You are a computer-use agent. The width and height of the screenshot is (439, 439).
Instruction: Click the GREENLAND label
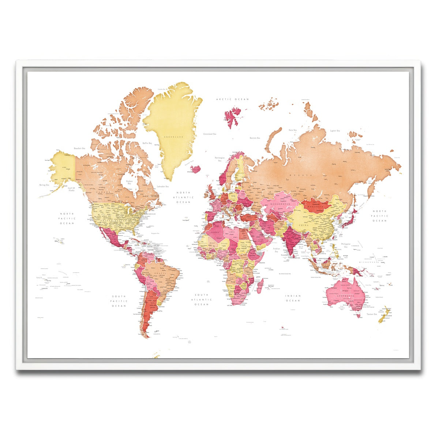click(x=173, y=136)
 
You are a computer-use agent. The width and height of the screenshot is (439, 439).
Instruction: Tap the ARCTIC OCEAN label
click(x=232, y=99)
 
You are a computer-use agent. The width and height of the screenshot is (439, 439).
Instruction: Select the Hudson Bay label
click(x=129, y=182)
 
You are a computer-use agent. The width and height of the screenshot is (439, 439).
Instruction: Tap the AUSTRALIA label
click(x=345, y=295)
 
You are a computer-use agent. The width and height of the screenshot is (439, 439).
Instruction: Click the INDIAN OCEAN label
click(x=293, y=298)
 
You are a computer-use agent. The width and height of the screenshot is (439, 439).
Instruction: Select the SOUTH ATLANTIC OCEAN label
click(x=201, y=300)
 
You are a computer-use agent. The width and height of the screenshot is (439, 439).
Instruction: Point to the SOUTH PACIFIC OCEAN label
click(x=119, y=301)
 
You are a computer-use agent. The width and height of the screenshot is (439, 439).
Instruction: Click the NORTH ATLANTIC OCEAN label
click(x=183, y=197)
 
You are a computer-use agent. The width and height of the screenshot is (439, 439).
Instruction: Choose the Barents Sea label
click(x=255, y=138)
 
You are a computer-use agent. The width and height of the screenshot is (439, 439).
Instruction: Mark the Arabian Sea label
click(x=277, y=250)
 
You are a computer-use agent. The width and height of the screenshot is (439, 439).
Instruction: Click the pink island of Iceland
click(x=196, y=169)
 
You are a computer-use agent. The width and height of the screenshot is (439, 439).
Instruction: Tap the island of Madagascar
click(x=260, y=286)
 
